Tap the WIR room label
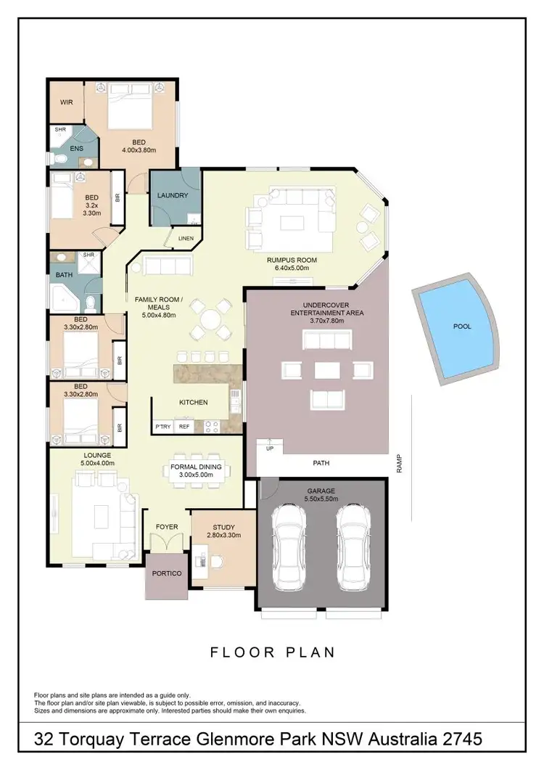pos(67,103)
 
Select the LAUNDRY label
pos(173,195)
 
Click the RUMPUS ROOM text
pos(292,260)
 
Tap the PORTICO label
pos(167,573)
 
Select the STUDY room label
pos(223,527)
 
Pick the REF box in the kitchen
pos(184,427)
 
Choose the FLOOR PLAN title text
pos(273,652)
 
